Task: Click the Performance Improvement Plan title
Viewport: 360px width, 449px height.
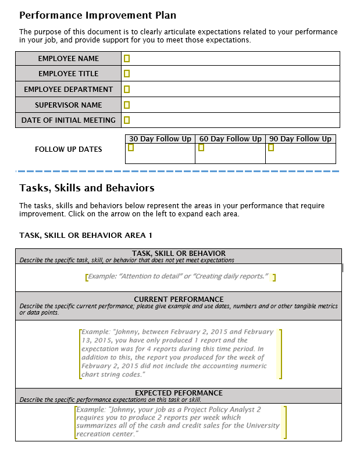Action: pos(98,15)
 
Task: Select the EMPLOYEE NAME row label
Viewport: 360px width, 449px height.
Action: pos(69,58)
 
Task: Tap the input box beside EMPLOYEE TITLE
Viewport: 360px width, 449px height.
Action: pos(127,74)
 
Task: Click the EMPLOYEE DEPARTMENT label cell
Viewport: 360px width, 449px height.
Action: pos(69,90)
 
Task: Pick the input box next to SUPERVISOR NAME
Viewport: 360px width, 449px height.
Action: pos(127,105)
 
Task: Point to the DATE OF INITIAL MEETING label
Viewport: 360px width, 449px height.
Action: pos(69,120)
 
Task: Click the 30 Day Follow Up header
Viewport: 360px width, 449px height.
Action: pos(160,139)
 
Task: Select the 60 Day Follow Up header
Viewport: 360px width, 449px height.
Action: pos(230,139)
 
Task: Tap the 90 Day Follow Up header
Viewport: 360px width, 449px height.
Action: pos(300,139)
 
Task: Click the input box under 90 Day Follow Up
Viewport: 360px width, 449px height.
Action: pos(271,148)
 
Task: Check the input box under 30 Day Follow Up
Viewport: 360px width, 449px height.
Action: pos(131,148)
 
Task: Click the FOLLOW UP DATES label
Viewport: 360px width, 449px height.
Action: pos(68,149)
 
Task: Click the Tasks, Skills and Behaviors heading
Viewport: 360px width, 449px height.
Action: pos(87,188)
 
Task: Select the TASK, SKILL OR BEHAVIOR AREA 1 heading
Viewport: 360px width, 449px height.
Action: pos(85,235)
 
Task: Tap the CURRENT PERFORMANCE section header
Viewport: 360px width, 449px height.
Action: pos(179,300)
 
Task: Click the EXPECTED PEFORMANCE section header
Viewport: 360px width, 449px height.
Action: pos(179,393)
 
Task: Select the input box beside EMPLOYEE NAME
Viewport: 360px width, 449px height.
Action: pos(127,58)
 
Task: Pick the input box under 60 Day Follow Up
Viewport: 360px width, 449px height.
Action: pos(201,148)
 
